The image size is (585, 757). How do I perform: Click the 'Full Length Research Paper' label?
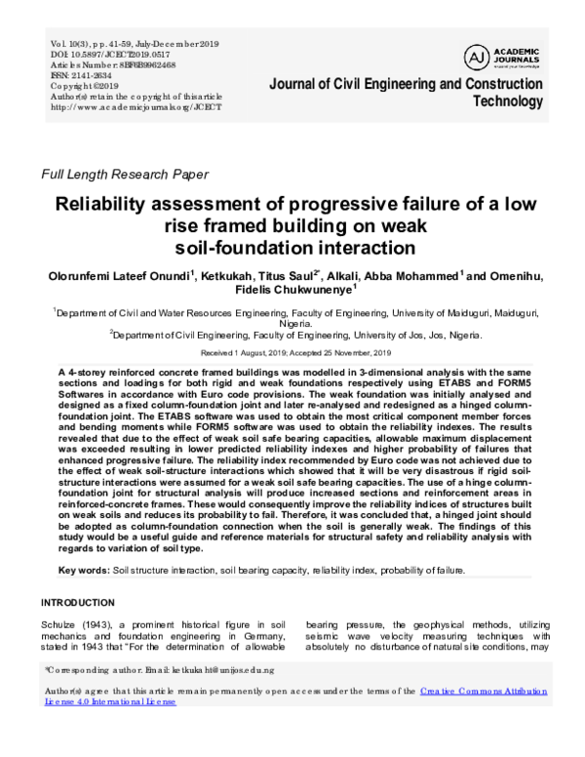click(124, 176)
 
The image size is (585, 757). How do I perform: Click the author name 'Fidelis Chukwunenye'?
click(292, 291)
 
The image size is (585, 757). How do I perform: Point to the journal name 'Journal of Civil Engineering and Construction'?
click(406, 84)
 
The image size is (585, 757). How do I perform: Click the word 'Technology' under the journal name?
click(507, 101)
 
